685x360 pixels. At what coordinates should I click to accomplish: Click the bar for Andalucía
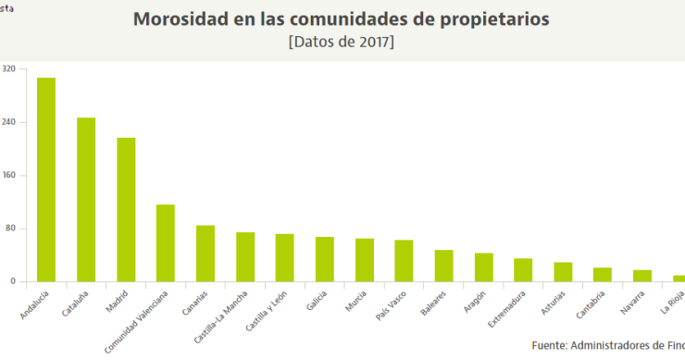coord(46,180)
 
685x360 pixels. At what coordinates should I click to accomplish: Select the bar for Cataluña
coord(86,199)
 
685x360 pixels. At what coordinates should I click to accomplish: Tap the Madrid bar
coord(126,209)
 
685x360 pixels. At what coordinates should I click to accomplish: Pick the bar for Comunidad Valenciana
coord(166,242)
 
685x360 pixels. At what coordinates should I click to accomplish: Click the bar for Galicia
coord(325,259)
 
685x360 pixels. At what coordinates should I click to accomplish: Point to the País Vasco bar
coord(404,260)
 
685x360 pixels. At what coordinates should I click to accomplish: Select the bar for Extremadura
coord(523,269)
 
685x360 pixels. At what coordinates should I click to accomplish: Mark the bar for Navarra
coord(642,275)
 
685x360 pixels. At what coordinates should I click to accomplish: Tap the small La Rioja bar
coord(679,278)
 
